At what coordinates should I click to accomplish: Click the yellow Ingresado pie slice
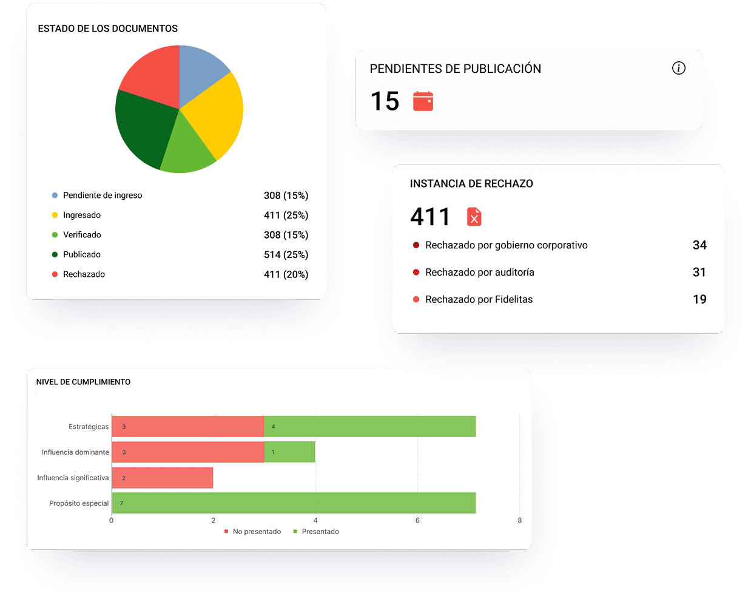[x=212, y=115]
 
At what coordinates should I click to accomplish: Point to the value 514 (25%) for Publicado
[x=286, y=255]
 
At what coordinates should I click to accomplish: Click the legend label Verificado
[x=82, y=235]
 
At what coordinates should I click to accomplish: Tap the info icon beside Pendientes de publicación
[x=679, y=68]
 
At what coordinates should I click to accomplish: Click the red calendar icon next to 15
[x=423, y=101]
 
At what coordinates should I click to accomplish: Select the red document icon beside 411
[x=474, y=217]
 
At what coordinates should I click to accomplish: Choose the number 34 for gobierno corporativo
[x=699, y=245]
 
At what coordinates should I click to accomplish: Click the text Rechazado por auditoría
[x=479, y=273]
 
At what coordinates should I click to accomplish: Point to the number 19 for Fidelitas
[x=699, y=299]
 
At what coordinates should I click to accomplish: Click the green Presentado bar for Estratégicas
[x=369, y=427]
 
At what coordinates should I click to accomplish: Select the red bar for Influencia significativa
[x=163, y=478]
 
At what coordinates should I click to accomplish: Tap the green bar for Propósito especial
[x=294, y=503]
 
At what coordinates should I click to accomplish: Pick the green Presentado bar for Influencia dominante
[x=289, y=452]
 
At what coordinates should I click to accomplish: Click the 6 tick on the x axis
[x=417, y=520]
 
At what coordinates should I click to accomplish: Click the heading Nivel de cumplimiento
[x=83, y=382]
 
